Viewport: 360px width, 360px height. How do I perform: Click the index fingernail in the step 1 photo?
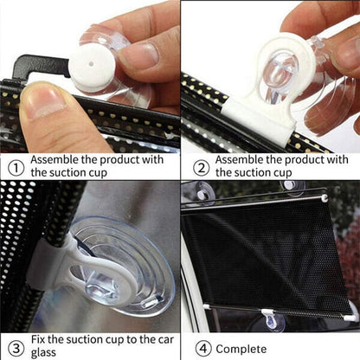pyautogui.click(x=138, y=54)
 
